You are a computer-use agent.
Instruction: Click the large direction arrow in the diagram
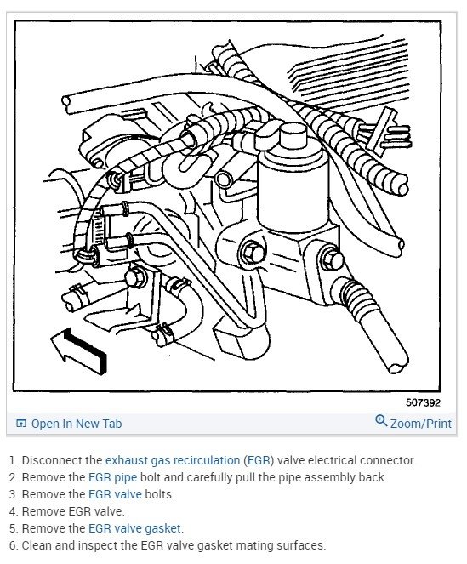coord(79,350)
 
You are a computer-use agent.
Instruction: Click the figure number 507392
coord(423,402)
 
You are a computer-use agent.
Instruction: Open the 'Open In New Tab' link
coord(77,424)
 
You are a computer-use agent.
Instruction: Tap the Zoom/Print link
coord(420,424)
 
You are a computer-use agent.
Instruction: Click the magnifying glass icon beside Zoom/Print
coord(381,420)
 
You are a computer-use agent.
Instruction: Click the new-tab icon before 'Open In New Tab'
coord(21,424)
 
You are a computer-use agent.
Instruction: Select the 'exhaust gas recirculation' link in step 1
coord(173,460)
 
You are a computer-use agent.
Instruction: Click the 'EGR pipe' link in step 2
coord(112,477)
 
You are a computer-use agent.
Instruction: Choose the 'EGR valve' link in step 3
coord(115,494)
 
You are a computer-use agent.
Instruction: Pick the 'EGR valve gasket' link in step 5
coord(134,528)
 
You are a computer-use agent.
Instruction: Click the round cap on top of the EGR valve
coord(293,137)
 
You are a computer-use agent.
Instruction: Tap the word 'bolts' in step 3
coord(159,494)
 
